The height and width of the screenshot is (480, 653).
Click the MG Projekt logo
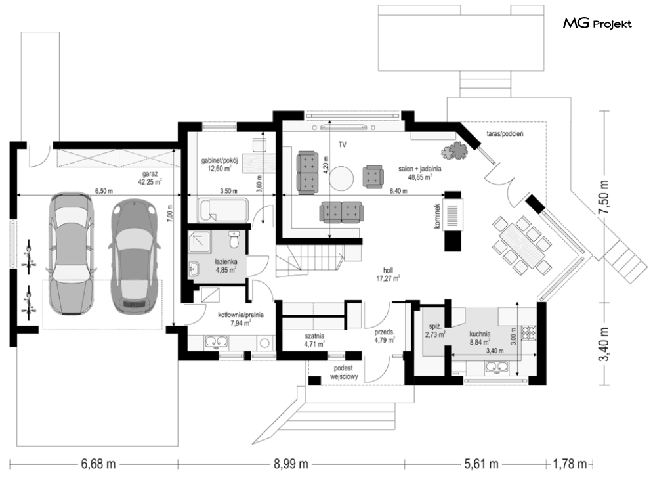point(597,24)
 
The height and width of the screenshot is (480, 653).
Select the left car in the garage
point(72,253)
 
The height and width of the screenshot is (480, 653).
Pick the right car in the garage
point(135,256)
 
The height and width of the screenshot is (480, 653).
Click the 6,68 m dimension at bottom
point(98,464)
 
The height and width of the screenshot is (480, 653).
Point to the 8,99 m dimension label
point(291,464)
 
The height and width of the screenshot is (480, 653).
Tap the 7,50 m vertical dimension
point(604,197)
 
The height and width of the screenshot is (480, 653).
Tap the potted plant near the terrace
point(455,150)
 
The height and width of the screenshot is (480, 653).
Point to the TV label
point(343,145)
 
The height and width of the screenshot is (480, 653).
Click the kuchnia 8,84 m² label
point(480,338)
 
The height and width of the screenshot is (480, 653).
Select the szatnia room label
point(314,339)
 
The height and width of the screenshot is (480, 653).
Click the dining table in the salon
point(522,244)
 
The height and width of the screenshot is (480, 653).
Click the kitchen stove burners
point(530,332)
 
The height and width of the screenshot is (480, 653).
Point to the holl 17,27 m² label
point(388,274)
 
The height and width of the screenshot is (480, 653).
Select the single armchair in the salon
point(373,177)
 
